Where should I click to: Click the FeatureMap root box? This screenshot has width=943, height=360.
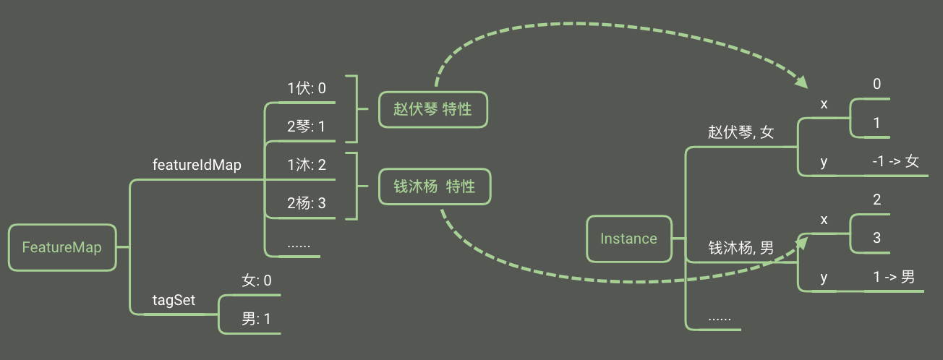61,247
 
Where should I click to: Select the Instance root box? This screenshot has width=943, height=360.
628,239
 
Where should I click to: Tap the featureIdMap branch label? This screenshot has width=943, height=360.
197,165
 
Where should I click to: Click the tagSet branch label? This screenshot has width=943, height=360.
174,300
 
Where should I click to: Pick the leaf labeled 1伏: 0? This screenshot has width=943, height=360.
307,88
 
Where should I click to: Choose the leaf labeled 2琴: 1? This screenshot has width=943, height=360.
307,127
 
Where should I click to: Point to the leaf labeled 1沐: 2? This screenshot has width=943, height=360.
307,165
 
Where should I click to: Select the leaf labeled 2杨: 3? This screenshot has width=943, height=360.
307,203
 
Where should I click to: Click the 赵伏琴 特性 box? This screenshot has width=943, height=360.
432,109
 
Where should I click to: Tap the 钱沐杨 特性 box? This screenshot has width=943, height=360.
435,187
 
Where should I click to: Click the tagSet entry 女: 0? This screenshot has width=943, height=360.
257,280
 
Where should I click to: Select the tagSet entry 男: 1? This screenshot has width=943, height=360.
257,319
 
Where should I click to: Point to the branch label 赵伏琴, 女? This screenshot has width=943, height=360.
741,133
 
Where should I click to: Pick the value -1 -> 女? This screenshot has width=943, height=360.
895,161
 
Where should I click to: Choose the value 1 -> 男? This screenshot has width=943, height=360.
894,277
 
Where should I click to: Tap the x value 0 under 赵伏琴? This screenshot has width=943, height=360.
876,85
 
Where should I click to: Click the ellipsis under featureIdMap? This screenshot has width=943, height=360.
299,244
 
